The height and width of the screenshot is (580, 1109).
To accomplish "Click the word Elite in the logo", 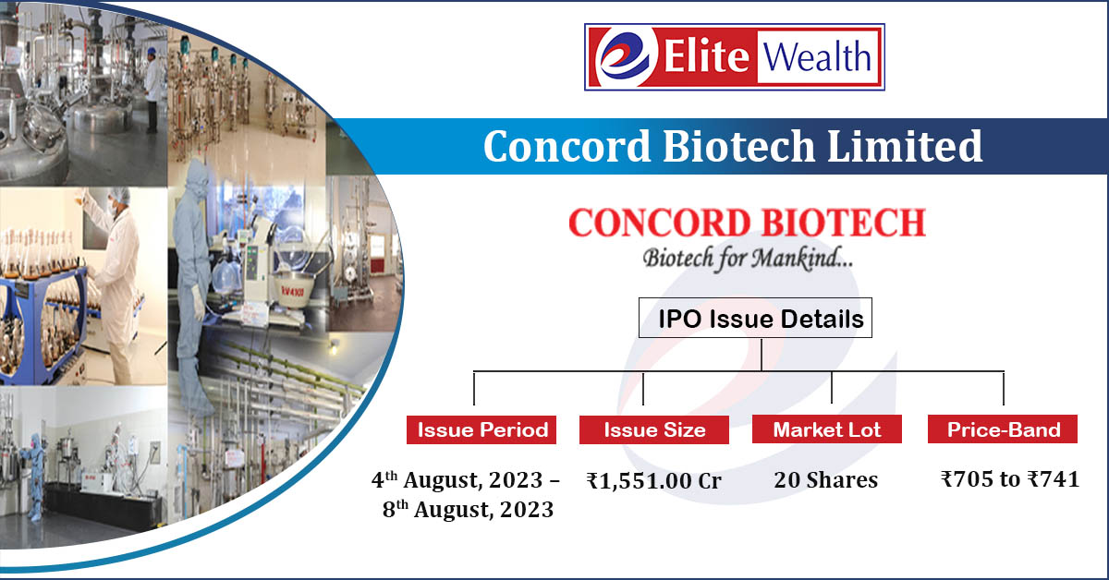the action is tap(706, 56).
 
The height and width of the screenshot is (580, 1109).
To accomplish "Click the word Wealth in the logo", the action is tap(816, 56).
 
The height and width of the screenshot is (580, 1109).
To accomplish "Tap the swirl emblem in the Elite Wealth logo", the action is tap(626, 56).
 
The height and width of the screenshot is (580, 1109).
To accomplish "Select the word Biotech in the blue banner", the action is tap(738, 146).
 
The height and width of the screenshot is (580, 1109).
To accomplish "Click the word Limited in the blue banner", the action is tap(905, 146).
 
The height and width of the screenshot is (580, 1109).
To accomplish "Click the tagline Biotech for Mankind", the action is tap(748, 259).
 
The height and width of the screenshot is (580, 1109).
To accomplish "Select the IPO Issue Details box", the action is tap(755, 318).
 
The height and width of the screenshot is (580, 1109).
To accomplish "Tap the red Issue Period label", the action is tap(481, 429).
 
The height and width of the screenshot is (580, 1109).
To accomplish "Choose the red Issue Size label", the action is tap(654, 429).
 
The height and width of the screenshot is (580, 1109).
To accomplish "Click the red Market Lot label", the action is tap(827, 429).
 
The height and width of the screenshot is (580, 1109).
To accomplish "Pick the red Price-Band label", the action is tap(1003, 429).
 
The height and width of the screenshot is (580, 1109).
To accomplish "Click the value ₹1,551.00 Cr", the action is tap(653, 481).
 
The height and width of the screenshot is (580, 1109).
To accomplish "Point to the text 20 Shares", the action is tap(826, 480).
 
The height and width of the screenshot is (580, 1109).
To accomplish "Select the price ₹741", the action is tap(1053, 479).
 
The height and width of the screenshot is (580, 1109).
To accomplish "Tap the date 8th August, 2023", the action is tap(468, 509).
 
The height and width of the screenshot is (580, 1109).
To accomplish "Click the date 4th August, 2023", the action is tap(457, 480).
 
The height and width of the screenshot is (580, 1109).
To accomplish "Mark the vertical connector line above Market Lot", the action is tap(832, 387).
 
